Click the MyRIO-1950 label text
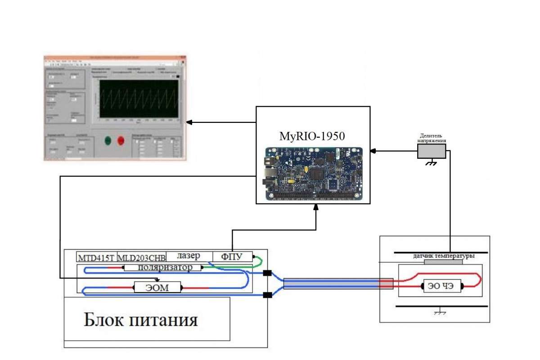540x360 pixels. click(x=313, y=136)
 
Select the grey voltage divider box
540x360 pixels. click(x=431, y=151)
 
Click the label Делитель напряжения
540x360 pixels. click(x=431, y=138)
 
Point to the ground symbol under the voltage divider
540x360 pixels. click(x=431, y=163)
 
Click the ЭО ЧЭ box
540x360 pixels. click(x=441, y=286)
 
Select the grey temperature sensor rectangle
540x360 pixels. click(x=443, y=261)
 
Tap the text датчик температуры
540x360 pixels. click(x=443, y=256)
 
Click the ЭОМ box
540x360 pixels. click(x=157, y=287)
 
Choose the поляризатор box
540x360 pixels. click(x=162, y=267)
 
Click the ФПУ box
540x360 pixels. click(x=232, y=257)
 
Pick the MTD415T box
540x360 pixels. click(x=96, y=258)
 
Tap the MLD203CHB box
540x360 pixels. click(x=141, y=258)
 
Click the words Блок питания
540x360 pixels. click(x=140, y=320)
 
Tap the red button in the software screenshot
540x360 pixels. click(x=121, y=140)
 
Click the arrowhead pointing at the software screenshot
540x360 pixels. click(x=189, y=122)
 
